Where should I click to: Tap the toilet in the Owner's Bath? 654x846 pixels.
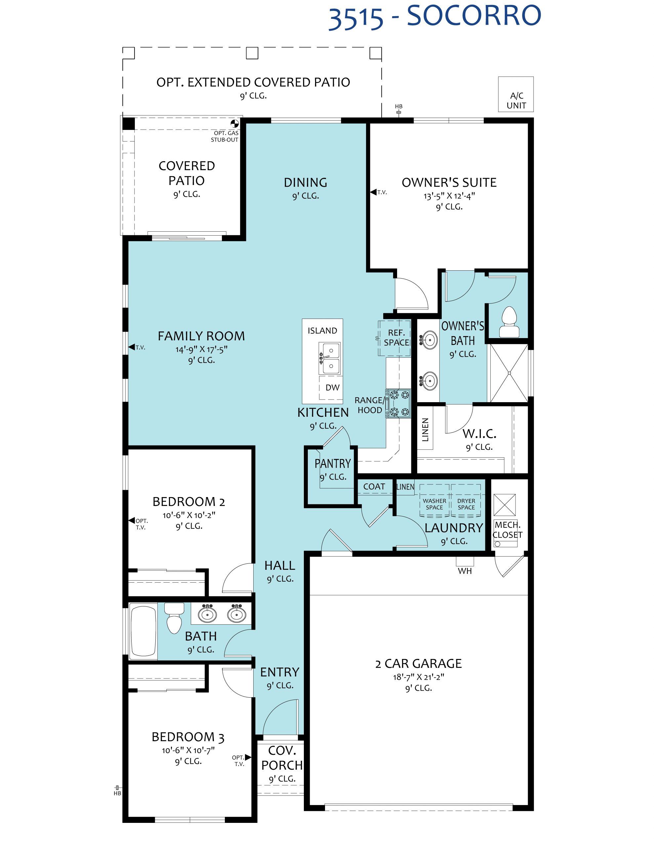tap(509, 322)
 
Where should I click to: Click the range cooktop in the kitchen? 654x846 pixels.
tap(398, 403)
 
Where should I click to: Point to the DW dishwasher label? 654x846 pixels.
tap(332, 387)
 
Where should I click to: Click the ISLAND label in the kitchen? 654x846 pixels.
tap(322, 330)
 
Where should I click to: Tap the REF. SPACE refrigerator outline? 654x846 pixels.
tap(394, 338)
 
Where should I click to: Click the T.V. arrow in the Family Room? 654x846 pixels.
tap(132, 347)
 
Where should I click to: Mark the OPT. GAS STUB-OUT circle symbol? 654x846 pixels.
tap(234, 124)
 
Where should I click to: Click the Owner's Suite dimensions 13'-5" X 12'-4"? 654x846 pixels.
tap(449, 196)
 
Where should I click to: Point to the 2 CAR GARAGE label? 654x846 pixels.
tap(418, 664)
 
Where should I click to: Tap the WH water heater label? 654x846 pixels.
tap(465, 571)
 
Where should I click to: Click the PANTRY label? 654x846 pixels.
tap(333, 463)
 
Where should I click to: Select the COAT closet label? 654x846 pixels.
tap(374, 486)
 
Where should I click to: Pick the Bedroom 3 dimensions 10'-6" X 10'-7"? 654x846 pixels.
tap(188, 750)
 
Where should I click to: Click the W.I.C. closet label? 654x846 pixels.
tap(479, 434)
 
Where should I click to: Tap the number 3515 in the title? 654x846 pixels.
tap(355, 19)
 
